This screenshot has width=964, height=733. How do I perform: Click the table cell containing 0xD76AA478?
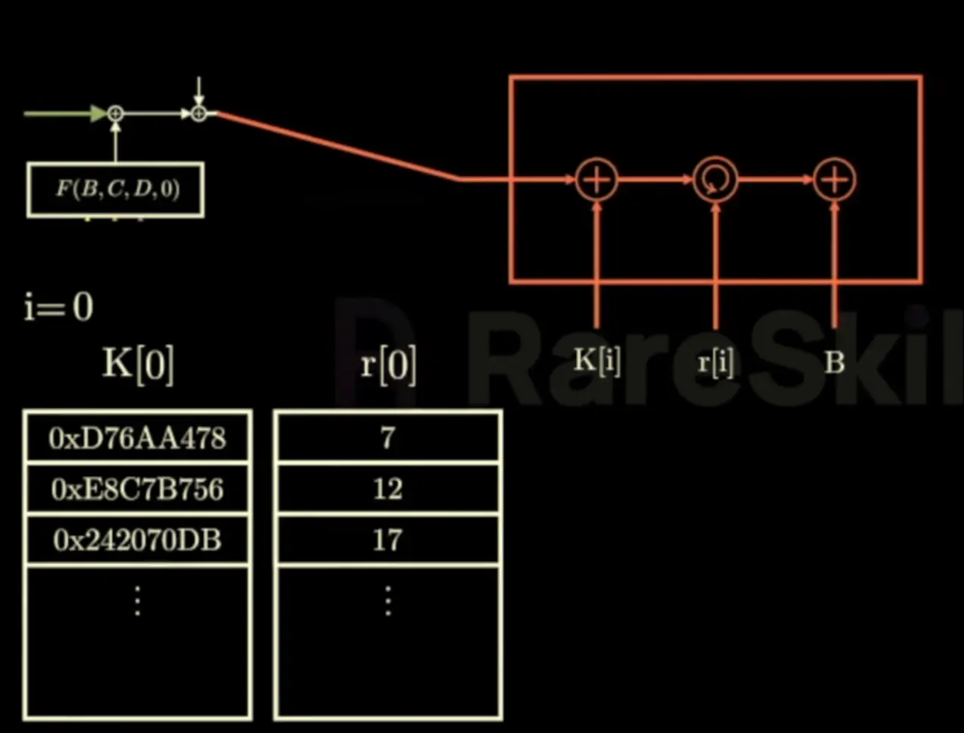[x=137, y=438]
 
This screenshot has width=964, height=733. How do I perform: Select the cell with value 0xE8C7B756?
[x=137, y=489]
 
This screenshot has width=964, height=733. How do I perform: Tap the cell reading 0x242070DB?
[x=137, y=540]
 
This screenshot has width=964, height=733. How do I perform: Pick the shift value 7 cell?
[x=387, y=438]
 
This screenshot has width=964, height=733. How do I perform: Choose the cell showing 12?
[x=387, y=489]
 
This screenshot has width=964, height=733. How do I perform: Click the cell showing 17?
[x=387, y=540]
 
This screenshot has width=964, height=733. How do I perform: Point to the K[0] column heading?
[x=138, y=364]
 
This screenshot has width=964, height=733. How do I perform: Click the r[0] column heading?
[x=388, y=364]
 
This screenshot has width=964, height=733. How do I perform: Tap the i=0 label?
[x=58, y=307]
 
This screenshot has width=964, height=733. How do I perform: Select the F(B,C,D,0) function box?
[x=115, y=190]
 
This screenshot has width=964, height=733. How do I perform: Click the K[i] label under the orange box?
[x=597, y=361]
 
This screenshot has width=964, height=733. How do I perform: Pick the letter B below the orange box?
[x=834, y=362]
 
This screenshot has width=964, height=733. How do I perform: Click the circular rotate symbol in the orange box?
[x=715, y=180]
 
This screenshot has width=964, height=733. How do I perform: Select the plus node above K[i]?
[x=597, y=180]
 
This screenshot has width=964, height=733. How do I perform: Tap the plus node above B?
[x=834, y=180]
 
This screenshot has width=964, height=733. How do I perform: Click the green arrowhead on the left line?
[x=99, y=114]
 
